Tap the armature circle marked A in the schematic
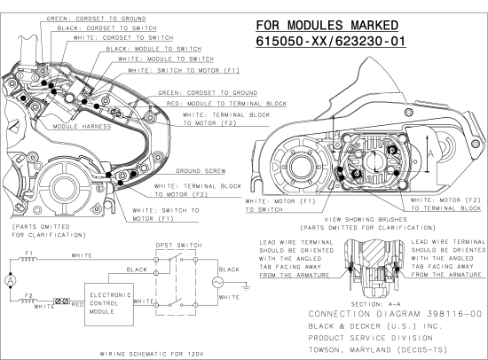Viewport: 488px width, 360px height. click(x=11, y=280)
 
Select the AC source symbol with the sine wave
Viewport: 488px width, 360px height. click(x=217, y=282)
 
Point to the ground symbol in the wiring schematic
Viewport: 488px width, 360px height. click(x=246, y=286)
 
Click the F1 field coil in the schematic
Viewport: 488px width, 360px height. click(x=28, y=259)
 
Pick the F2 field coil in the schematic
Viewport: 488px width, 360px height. click(x=28, y=301)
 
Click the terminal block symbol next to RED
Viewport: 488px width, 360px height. click(x=61, y=301)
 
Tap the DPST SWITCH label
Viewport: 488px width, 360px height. click(x=178, y=246)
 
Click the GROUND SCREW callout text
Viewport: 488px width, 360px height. click(x=201, y=171)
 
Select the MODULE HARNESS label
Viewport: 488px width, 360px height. click(x=82, y=126)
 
